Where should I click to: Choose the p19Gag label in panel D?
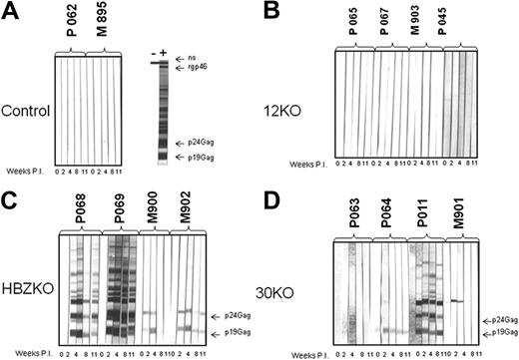tap(502, 335)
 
